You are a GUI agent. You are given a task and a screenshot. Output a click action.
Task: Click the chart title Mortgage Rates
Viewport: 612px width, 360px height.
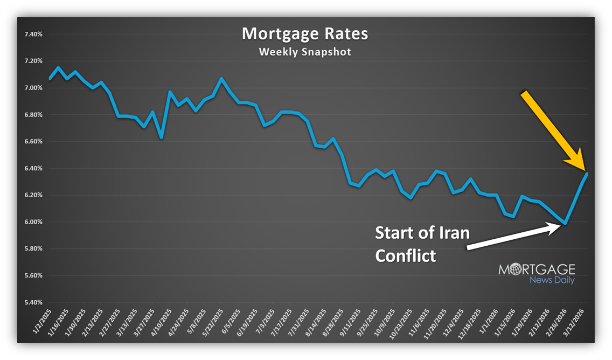coord(305,33)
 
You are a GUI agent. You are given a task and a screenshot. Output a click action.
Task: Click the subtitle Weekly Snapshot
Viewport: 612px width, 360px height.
coord(305,52)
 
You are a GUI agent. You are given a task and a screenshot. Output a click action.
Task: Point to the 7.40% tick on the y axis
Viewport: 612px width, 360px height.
coord(33,34)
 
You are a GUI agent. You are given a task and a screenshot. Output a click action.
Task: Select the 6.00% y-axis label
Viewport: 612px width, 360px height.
coord(33,222)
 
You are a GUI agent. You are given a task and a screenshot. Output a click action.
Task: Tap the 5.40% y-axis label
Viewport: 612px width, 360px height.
coord(33,302)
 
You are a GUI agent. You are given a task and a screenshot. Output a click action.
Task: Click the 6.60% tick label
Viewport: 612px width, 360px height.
coord(33,142)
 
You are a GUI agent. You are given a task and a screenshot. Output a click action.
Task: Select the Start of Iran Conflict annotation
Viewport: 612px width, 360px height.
coord(422,244)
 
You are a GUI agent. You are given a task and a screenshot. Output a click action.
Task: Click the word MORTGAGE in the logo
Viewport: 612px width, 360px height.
coord(536,269)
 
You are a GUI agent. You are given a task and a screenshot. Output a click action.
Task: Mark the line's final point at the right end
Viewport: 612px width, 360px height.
coord(587,174)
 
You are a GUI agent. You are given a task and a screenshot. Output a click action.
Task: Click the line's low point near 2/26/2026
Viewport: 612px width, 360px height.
coord(565,223)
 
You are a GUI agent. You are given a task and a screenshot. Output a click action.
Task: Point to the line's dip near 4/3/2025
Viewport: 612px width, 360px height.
coord(161,137)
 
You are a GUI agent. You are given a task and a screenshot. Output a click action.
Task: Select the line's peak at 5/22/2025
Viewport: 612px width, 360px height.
coord(221,79)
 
